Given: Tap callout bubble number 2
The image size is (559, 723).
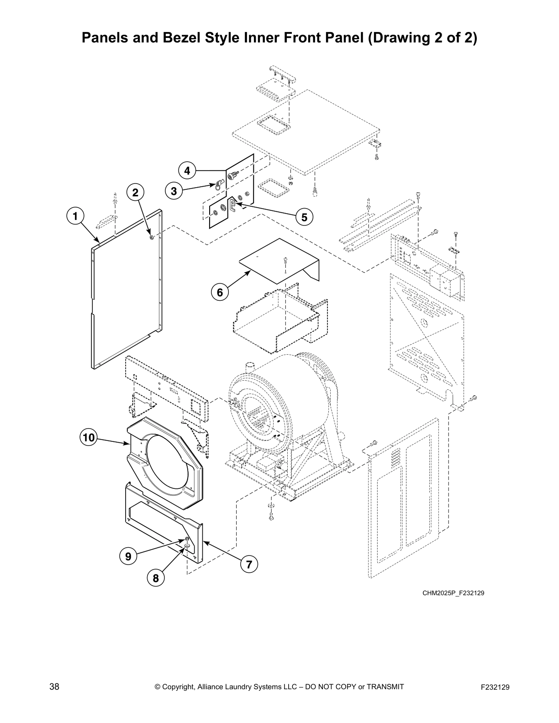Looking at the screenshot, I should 135,193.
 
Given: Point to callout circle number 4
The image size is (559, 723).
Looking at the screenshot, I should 187,171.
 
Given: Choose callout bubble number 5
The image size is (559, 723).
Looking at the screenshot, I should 304,216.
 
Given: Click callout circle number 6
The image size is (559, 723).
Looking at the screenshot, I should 220,292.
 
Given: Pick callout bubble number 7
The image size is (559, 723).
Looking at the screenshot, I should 249,565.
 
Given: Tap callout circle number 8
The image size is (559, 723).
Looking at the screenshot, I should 156,578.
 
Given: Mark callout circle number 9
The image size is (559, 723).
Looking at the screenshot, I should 128,556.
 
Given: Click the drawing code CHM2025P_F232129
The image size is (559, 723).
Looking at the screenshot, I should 453,593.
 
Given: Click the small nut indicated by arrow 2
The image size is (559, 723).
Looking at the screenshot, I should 152,237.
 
